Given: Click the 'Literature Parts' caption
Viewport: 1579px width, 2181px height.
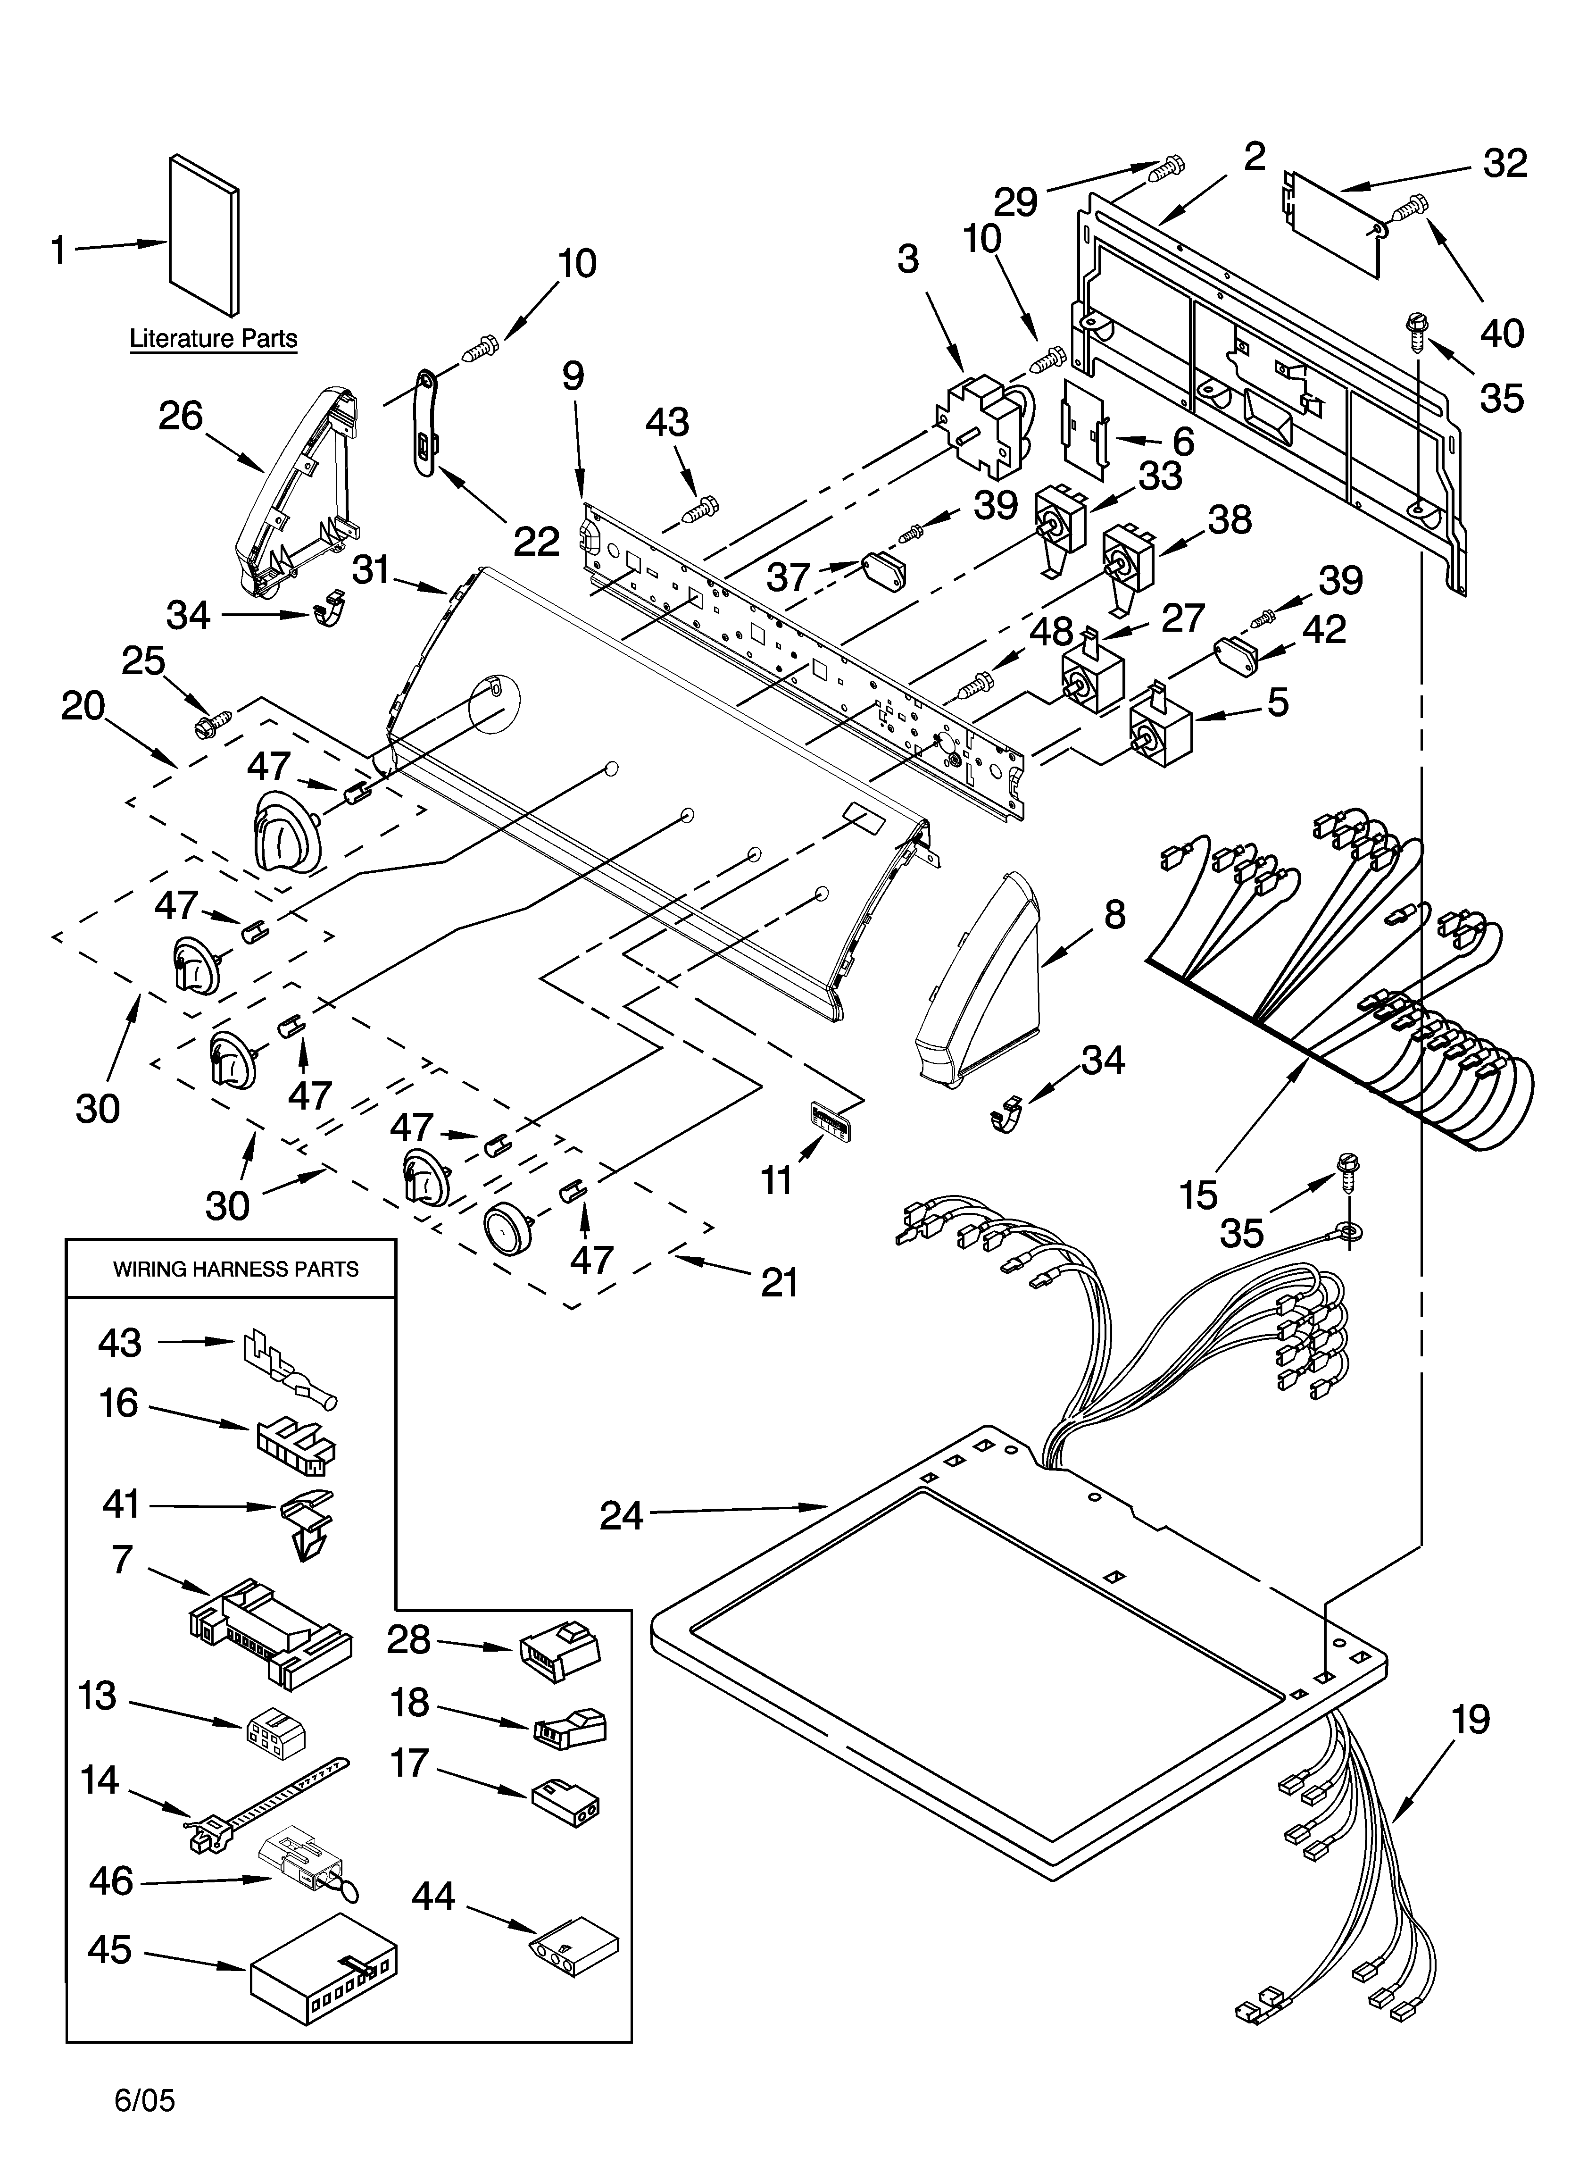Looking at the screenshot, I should coord(214,339).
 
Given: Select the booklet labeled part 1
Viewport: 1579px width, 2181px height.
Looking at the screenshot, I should coord(204,235).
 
